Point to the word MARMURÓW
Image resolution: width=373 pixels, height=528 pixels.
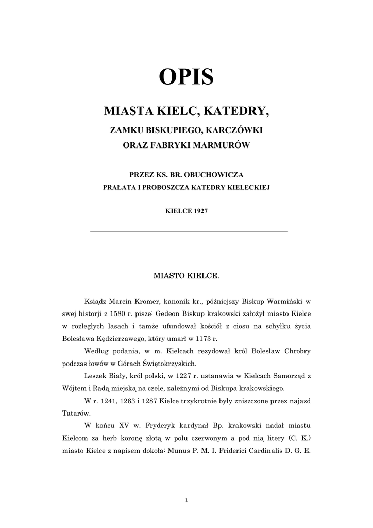click(225, 145)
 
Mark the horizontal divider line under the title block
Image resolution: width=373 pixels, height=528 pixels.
click(189, 232)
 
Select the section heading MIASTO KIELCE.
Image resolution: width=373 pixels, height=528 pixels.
click(186, 277)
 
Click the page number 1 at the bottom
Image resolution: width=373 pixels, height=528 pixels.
click(186, 499)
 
